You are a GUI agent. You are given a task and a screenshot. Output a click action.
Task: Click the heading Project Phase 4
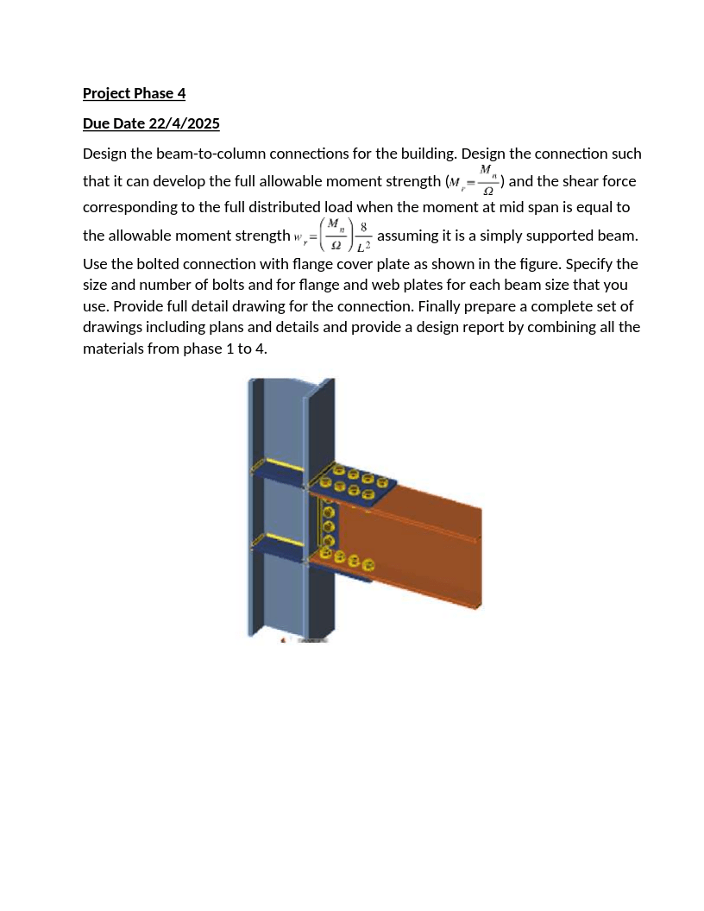tap(134, 93)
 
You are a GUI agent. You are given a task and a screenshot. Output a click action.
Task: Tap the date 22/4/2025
tap(184, 123)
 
